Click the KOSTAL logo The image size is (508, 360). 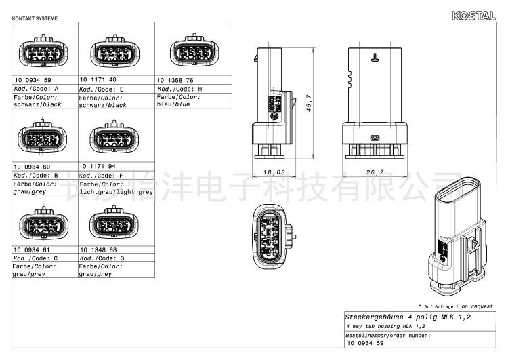pos(473,16)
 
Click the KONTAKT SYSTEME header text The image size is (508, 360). pos(35,18)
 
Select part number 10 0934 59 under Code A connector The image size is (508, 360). pos(33,80)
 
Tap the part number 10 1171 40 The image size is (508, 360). pos(98,79)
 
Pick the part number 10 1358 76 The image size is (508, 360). pos(175,80)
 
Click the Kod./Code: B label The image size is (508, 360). pos(36,176)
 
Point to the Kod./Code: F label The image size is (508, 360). pos(102,176)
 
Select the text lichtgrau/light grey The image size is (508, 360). pos(117,192)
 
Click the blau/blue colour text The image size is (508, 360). pos(173,104)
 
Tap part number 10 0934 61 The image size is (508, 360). pos(32,249)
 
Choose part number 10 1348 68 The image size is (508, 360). pos(98,249)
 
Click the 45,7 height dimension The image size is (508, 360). pos(309,103)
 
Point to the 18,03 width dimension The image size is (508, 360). pos(274,172)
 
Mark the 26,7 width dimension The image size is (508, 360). pos(375,172)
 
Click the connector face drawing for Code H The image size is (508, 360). pos(194,50)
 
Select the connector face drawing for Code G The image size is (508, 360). pos(114,222)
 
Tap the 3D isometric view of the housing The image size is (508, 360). pos(458,236)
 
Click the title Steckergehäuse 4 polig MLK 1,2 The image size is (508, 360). pos(408,317)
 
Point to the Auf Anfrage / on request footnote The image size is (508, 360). pos(456,306)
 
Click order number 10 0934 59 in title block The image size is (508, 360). pos(365,343)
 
